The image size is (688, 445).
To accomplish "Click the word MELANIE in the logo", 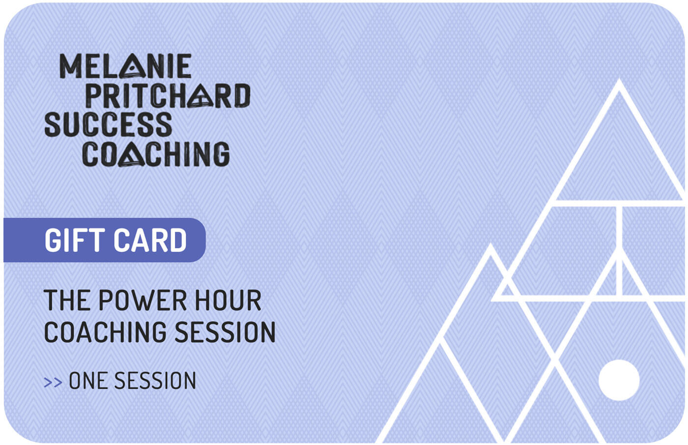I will click(x=125, y=66).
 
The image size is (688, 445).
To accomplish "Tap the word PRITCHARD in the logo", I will click(x=168, y=96).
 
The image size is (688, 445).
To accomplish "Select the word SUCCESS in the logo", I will click(x=108, y=125).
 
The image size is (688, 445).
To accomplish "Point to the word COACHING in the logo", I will click(x=156, y=154).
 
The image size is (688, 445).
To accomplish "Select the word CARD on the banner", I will click(x=150, y=240).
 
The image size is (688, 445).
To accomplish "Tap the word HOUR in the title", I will click(x=228, y=301).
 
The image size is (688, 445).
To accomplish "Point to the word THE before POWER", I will click(x=67, y=301).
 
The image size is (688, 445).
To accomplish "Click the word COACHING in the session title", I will click(x=105, y=333).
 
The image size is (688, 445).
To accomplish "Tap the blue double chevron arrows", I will click(x=53, y=382).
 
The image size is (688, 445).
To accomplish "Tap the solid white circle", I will click(x=619, y=380).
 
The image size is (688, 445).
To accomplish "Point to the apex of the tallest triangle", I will click(x=619, y=83).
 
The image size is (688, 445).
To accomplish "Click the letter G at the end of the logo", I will click(x=221, y=155).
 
